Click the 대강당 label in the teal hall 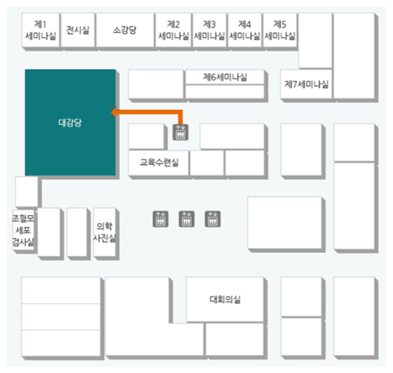tap(70, 123)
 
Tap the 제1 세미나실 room tap(41, 30)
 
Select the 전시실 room tap(78, 30)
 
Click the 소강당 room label tap(125, 30)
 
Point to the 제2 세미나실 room tap(173, 30)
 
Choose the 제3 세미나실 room tap(209, 30)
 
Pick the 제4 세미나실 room tap(244, 30)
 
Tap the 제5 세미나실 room tap(280, 30)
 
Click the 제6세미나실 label tap(225, 77)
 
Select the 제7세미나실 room tap(307, 84)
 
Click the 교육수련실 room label tap(159, 163)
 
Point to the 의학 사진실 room tap(105, 232)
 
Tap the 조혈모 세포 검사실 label tap(24, 230)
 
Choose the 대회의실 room tap(225, 299)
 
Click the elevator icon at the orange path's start tap(180, 132)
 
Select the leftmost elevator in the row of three tap(160, 219)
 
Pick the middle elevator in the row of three tap(186, 219)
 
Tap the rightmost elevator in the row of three tap(212, 219)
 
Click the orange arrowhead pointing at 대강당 tap(114, 112)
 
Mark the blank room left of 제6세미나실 tap(156, 84)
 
